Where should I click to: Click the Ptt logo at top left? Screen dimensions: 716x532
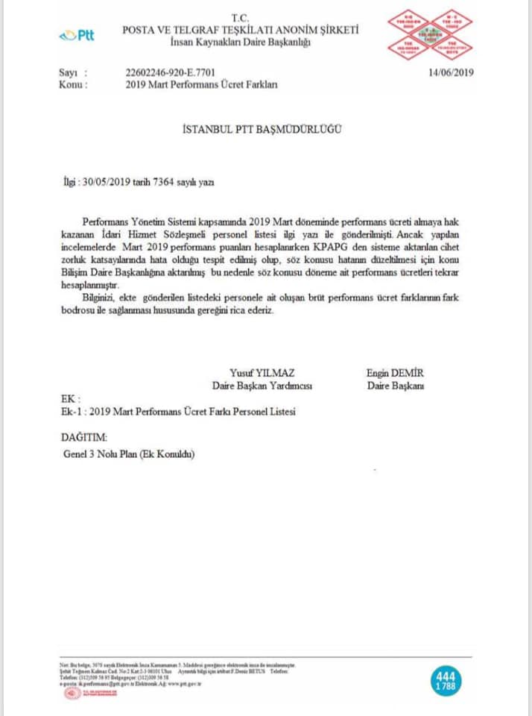pos(77,35)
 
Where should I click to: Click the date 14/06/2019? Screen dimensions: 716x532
pos(451,72)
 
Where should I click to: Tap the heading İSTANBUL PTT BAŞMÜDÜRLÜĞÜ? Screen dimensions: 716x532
pos(262,129)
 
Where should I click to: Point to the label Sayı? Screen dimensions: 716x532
pos(68,72)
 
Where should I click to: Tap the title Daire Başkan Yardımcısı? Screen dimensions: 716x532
pos(262,386)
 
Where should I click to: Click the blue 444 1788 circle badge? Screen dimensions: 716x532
pos(446,680)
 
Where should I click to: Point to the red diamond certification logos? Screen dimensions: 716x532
pos(429,35)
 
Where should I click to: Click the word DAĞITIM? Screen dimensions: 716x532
pos(83,436)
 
